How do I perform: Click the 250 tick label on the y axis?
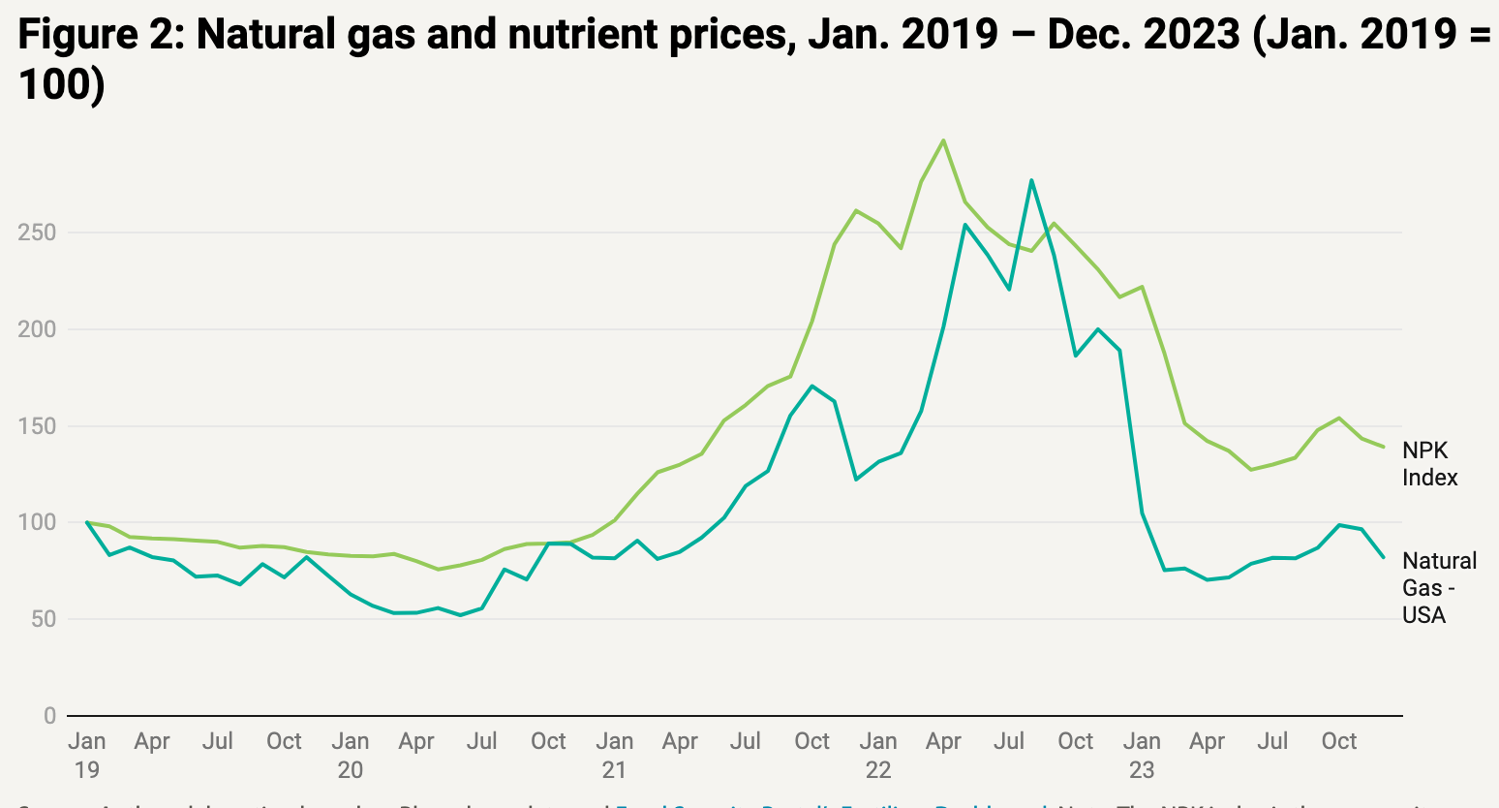[x=37, y=233]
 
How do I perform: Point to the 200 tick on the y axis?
[x=37, y=329]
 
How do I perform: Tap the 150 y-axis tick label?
[x=37, y=426]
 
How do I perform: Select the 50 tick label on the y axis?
[x=44, y=619]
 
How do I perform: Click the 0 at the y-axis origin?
[x=49, y=716]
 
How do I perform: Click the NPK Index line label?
[x=1429, y=464]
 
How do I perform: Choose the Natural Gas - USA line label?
[x=1439, y=588]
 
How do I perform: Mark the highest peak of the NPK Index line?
[x=943, y=140]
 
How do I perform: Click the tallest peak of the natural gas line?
[x=1031, y=180]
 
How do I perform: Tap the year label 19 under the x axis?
[x=87, y=770]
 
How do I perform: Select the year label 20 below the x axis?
[x=351, y=770]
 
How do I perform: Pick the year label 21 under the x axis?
[x=614, y=770]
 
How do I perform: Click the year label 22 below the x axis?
[x=877, y=770]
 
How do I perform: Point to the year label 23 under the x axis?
[x=1142, y=770]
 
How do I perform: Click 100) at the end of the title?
[x=60, y=85]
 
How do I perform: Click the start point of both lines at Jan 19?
[x=87, y=522]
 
